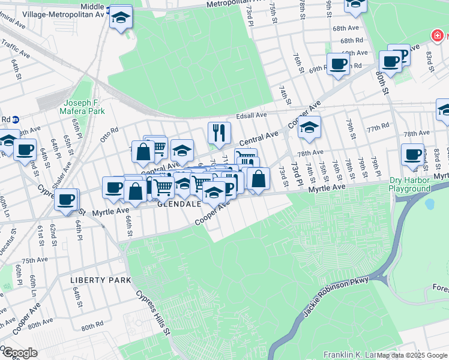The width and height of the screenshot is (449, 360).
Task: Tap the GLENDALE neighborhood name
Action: click(179, 204)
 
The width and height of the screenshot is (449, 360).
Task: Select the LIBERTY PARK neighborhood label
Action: click(100, 280)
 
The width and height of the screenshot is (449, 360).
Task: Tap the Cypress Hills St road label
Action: click(154, 313)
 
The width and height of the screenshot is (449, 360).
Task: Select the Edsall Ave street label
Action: click(252, 115)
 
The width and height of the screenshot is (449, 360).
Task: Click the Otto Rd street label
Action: click(110, 131)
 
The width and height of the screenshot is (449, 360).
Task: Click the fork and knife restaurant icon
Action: click(219, 133)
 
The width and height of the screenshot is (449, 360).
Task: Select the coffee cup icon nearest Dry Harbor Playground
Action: click(413, 154)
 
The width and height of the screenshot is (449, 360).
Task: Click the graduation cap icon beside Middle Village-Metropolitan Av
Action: click(121, 17)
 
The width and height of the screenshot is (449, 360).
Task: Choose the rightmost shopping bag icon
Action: click(258, 178)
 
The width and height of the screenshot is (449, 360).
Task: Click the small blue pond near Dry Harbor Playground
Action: click(429, 203)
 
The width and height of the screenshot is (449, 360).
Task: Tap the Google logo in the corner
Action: click(20, 353)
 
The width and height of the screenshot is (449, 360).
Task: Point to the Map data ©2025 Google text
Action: click(412, 355)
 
